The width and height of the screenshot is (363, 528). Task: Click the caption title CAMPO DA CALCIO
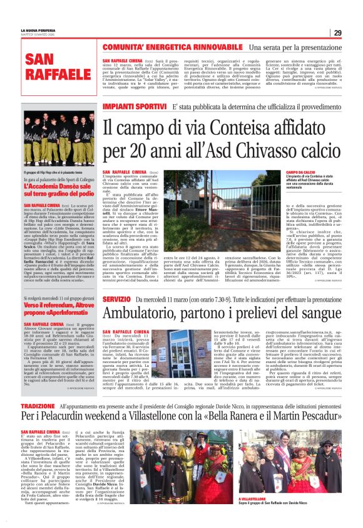300,172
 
